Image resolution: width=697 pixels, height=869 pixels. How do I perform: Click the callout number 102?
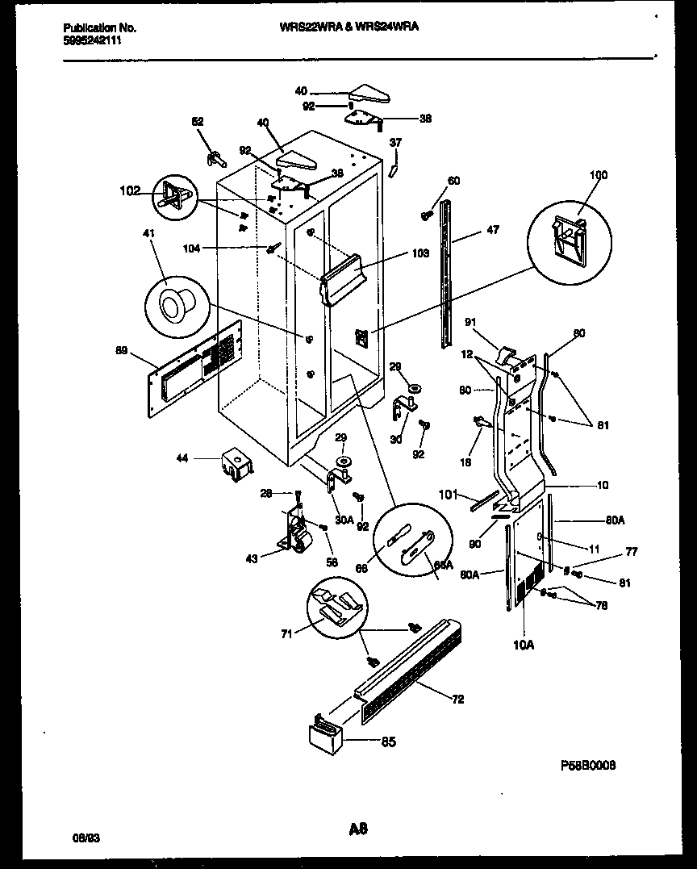click(x=129, y=191)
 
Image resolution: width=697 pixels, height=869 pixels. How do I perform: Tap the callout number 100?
click(x=599, y=175)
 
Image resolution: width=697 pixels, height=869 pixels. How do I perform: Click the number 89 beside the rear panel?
click(x=122, y=350)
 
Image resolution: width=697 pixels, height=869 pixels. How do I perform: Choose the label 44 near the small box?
click(x=183, y=458)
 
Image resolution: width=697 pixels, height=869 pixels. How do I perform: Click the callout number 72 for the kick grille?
click(x=457, y=700)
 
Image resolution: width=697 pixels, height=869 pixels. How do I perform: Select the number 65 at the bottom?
click(x=388, y=742)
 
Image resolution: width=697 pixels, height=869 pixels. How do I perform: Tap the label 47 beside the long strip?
click(x=493, y=230)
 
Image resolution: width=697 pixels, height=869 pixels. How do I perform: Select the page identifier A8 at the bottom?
click(x=358, y=827)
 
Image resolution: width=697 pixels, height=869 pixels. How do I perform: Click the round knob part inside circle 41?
click(x=173, y=304)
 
